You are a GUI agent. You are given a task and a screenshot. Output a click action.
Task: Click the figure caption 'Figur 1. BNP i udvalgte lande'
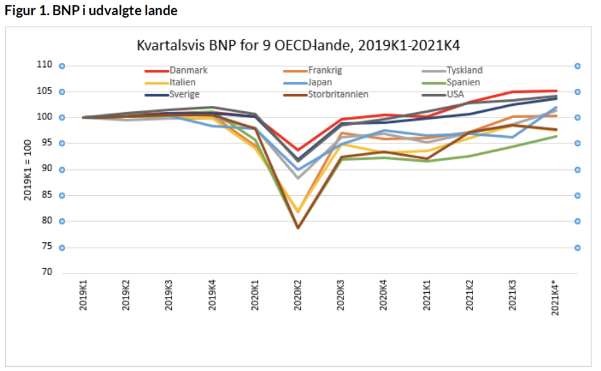[90, 11]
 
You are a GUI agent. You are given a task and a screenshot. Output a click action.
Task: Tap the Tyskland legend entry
[464, 71]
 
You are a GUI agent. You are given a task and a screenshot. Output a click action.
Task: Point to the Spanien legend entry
[463, 82]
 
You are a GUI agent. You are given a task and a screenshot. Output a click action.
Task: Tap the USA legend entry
[456, 94]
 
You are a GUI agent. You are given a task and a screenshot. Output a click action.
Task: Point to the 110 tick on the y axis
[45, 65]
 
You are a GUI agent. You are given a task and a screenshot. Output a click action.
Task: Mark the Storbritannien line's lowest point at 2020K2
[298, 228]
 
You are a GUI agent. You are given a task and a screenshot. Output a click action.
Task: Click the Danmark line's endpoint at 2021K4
[556, 91]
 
